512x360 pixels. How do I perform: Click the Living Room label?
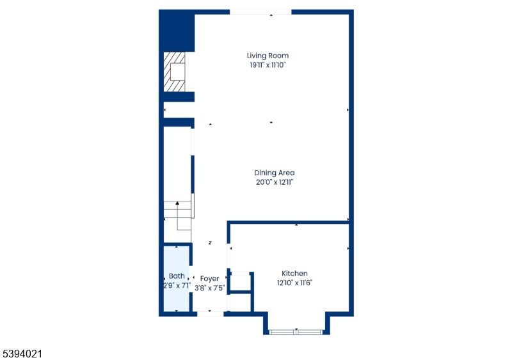tap(272, 56)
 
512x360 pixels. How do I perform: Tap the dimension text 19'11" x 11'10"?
tap(272, 65)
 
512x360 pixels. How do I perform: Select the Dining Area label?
tap(275, 173)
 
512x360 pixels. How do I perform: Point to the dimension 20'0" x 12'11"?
tap(275, 182)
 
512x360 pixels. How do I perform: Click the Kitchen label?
tap(294, 273)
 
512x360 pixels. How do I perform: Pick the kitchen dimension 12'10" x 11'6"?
tap(294, 282)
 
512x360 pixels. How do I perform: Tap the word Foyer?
tap(209, 279)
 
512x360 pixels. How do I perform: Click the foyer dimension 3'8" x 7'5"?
tap(210, 288)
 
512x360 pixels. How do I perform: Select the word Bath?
tap(177, 276)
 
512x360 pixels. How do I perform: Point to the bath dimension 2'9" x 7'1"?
tap(177, 285)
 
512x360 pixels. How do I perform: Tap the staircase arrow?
tap(177, 205)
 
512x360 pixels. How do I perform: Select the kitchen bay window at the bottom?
tap(296, 331)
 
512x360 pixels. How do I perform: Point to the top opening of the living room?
tap(260, 12)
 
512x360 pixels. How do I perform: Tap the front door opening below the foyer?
tap(210, 313)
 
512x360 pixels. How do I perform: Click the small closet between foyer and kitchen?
tap(240, 283)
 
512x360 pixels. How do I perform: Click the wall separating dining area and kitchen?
tap(288, 223)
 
